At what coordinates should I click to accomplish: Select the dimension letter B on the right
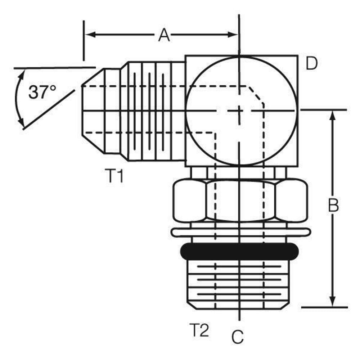334,206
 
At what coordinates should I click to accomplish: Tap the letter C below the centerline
238,337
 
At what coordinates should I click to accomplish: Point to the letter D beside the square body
311,64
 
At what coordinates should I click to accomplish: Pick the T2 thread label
199,330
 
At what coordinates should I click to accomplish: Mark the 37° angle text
42,93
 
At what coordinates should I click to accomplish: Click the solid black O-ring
239,251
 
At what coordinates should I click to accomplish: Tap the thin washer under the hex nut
240,232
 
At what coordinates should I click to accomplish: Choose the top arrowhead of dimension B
333,115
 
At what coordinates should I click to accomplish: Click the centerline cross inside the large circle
239,110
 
